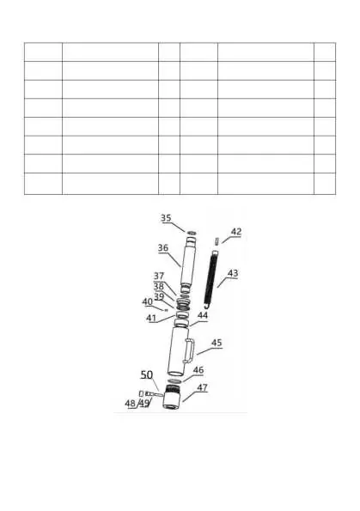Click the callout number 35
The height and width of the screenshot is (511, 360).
coord(166,218)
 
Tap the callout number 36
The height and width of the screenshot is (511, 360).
coord(163,248)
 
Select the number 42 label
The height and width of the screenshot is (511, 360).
coord(236,232)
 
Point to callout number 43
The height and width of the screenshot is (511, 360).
coord(233,273)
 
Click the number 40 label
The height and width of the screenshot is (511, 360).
coord(148,301)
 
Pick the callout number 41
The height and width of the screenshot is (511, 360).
coord(151,318)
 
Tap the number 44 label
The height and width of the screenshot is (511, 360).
coord(203,315)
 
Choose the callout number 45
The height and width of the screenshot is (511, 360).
coord(217,343)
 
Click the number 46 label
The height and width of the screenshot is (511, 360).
coord(198,370)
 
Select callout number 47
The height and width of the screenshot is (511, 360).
coord(202,387)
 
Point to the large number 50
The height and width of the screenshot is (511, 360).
coord(147,375)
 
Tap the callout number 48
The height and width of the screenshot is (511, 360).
coord(130,404)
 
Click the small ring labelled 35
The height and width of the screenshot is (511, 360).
coord(192,233)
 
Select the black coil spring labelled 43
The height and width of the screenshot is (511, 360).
coord(211,277)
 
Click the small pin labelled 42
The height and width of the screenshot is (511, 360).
coord(217,241)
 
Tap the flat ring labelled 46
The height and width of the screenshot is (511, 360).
coord(174,380)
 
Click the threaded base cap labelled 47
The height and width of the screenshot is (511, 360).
coord(172,396)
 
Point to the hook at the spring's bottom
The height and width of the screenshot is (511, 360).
coord(205,307)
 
